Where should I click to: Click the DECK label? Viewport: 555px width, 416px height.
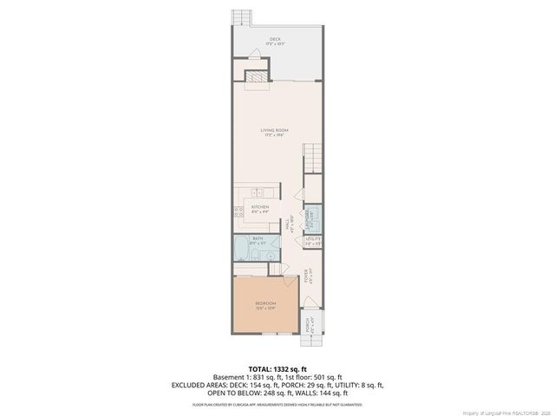point(275,39)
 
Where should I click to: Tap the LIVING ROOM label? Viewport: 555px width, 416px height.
point(275,131)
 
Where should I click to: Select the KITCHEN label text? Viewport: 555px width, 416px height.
point(260,207)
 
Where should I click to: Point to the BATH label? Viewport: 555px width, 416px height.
point(258,238)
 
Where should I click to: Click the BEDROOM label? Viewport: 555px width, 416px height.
point(264,302)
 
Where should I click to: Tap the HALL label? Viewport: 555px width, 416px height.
point(288,228)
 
